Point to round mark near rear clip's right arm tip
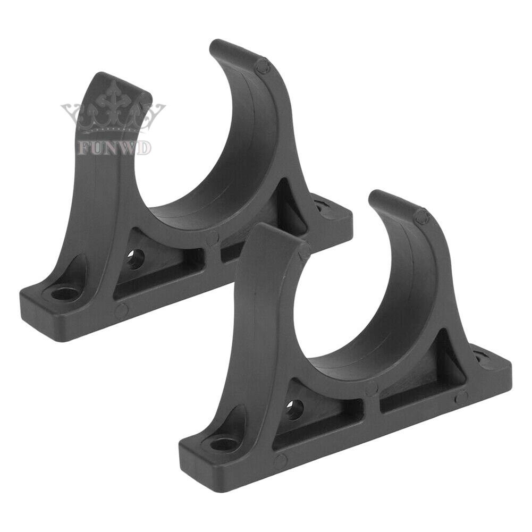click(x=261, y=66)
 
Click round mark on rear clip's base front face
click(x=121, y=311)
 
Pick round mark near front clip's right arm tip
click(x=421, y=216)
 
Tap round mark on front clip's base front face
click(x=280, y=461)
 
